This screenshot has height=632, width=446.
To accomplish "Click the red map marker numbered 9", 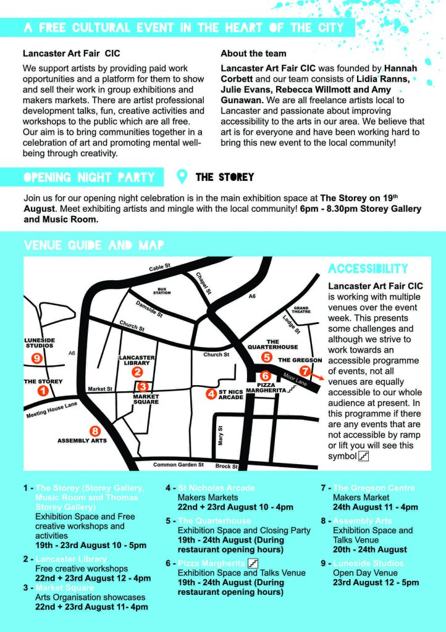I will pos(37,358).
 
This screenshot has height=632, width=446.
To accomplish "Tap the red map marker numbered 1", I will pos(43,390).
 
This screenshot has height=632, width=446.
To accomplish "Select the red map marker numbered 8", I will pos(95,431).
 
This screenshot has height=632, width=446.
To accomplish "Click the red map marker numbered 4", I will pos(211,393).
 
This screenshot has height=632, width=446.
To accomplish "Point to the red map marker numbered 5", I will pos(266,357).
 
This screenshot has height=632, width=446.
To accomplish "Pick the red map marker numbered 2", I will pos(137,372).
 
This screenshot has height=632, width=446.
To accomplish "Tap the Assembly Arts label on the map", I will pos(82,441).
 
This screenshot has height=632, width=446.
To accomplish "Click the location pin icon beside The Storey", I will pos(182,177).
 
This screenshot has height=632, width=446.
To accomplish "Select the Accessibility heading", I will pos(368,269).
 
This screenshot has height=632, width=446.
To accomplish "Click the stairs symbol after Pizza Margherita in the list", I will pos(252,563).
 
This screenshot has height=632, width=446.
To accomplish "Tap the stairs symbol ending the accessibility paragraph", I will pos(364,456).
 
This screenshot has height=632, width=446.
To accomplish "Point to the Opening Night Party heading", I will pos(89,177).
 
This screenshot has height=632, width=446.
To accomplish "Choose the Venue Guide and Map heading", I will pos(94,245).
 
